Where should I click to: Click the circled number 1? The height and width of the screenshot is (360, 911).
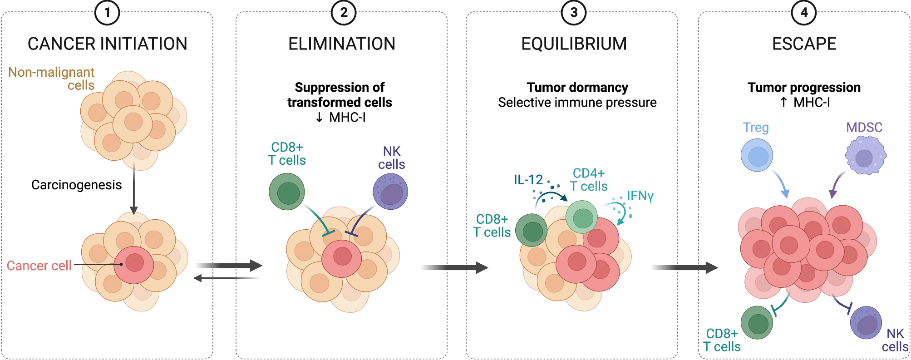click(x=107, y=12)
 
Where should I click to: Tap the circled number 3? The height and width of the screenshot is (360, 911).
click(x=574, y=12)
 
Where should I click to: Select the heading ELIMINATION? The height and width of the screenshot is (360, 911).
click(x=342, y=44)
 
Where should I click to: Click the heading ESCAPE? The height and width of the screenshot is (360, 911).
click(x=804, y=44)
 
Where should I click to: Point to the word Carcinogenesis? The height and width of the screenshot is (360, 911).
click(x=77, y=185)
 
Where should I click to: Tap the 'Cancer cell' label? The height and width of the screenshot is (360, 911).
click(x=39, y=266)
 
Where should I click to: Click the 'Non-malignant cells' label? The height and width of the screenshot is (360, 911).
click(x=51, y=79)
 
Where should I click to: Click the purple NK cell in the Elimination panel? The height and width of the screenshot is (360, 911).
click(x=390, y=192)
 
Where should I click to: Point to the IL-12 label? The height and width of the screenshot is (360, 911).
click(x=528, y=180)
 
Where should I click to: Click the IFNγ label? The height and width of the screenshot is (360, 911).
click(x=640, y=196)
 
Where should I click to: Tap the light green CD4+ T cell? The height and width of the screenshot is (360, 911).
click(x=581, y=217)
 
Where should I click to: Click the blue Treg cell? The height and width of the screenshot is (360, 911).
click(x=757, y=155)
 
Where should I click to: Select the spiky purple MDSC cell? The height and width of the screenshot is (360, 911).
click(x=866, y=155)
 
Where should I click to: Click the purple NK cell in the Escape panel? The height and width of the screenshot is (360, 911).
click(x=866, y=323)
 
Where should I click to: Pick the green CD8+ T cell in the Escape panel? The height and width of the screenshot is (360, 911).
click(x=757, y=323)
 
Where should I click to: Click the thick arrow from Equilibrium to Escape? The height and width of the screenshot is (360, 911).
click(x=684, y=267)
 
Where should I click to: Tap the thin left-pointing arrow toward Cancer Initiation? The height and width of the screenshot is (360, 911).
click(x=227, y=278)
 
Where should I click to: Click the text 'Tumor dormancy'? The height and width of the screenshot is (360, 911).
click(x=577, y=87)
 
